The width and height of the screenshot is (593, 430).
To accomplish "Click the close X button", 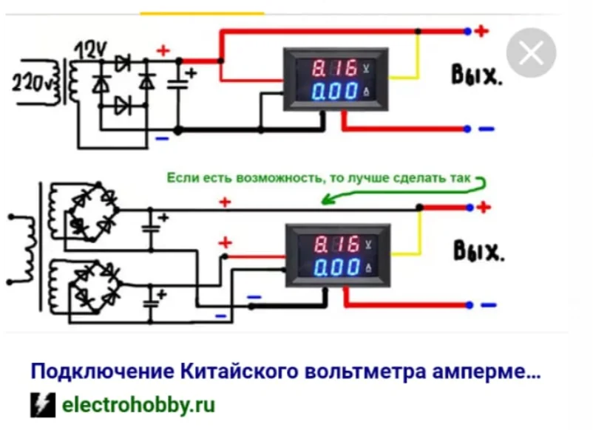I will [x=531, y=52].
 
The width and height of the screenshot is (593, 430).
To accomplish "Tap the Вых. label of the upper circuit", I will [x=476, y=75].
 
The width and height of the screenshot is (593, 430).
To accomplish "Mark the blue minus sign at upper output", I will [x=487, y=129].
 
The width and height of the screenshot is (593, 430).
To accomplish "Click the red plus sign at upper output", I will [x=481, y=31].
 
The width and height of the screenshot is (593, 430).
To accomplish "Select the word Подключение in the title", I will [x=102, y=371].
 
